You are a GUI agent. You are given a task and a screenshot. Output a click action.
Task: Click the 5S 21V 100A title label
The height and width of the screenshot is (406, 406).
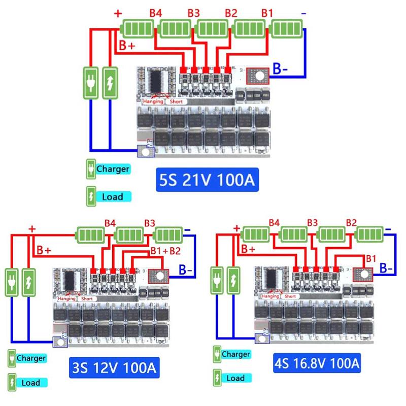[207, 180]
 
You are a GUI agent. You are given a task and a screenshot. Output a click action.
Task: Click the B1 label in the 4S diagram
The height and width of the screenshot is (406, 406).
[371, 258]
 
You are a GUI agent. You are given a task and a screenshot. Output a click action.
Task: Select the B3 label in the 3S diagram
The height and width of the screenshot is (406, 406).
[149, 223]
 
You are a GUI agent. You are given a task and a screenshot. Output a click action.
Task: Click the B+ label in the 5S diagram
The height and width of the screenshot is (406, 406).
[127, 46]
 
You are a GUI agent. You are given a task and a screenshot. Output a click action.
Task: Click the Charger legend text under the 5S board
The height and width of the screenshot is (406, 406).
[113, 169]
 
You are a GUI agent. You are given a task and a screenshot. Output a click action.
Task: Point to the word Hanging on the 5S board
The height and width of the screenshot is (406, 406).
[153, 101]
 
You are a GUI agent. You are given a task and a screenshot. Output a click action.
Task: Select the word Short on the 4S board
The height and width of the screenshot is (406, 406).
[290, 296]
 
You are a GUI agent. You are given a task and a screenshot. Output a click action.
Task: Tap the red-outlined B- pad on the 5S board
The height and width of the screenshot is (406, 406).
[258, 76]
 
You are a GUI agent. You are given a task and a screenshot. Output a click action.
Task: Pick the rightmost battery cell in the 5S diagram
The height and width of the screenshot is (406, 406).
[287, 27]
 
